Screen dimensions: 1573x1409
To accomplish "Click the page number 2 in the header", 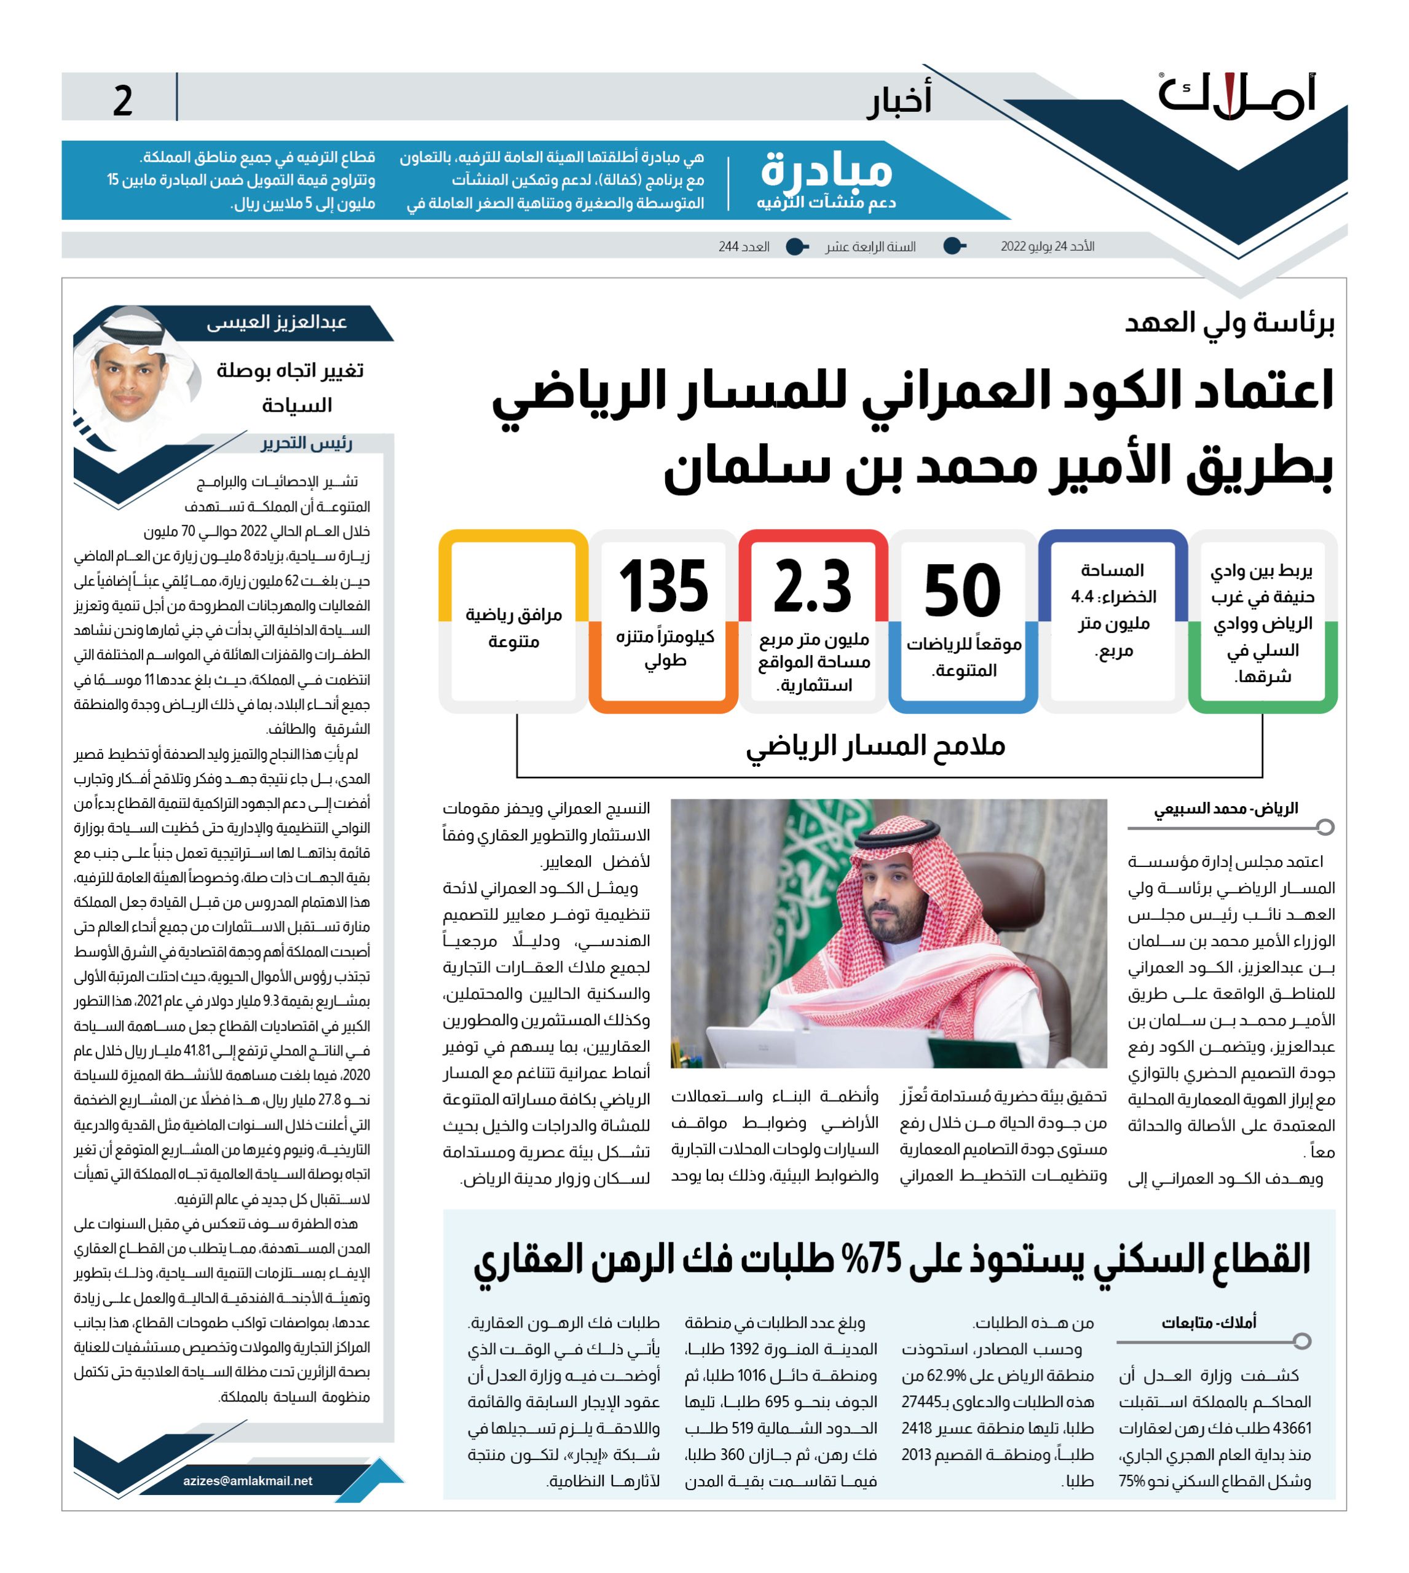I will tap(122, 101).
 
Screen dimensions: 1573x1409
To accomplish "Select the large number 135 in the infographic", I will tap(663, 586).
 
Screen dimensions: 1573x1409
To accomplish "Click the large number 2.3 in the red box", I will tap(812, 586).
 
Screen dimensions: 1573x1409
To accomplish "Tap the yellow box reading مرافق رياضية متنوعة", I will tap(513, 627).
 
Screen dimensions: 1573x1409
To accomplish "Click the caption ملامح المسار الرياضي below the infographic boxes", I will tap(875, 745).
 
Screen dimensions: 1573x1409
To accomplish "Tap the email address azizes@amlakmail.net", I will tap(248, 1480).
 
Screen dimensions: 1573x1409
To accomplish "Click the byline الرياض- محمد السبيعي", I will tap(1226, 809).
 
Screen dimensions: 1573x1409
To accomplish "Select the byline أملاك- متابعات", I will tap(1209, 1322).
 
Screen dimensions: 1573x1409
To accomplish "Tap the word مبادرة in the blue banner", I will tap(826, 170).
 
